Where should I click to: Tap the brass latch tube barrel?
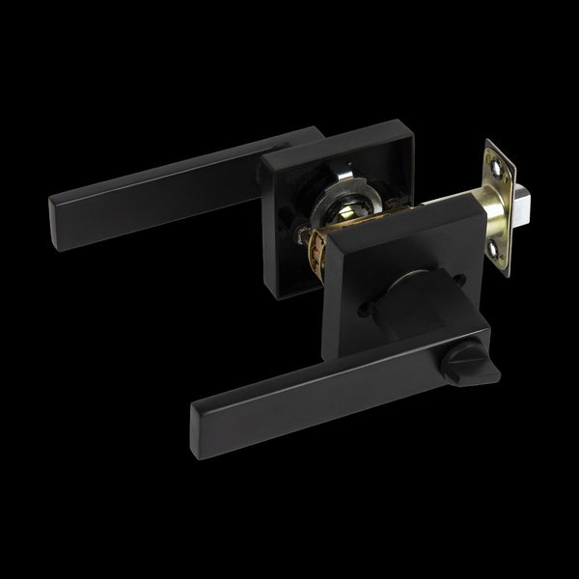454,210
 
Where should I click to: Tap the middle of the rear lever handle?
164,183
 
